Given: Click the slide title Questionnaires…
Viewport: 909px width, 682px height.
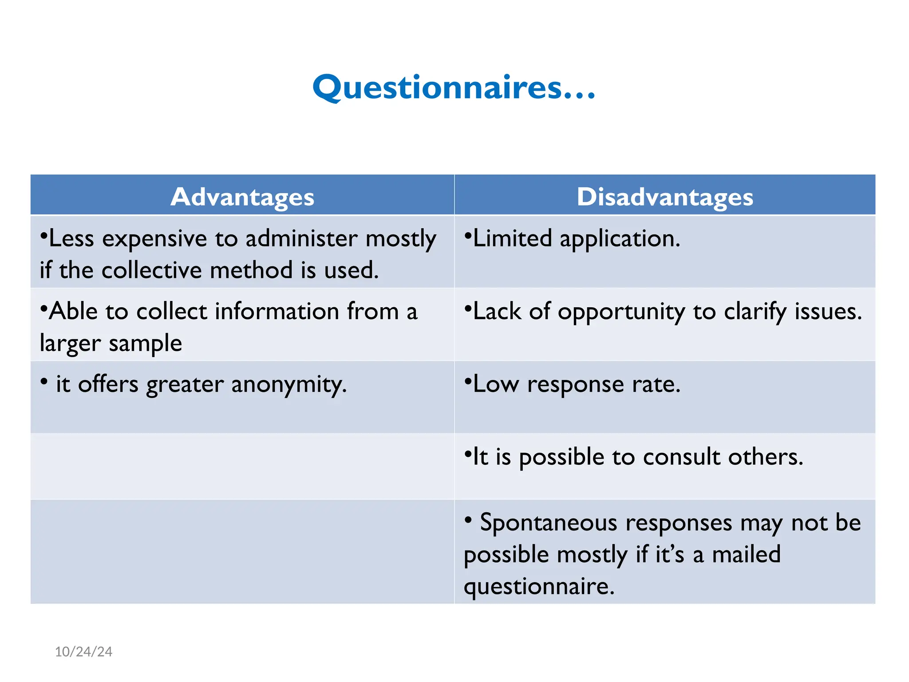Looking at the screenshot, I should tap(454, 87).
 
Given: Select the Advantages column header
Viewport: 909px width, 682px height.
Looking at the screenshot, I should tap(242, 197).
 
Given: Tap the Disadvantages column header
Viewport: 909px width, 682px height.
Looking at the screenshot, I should tap(665, 197).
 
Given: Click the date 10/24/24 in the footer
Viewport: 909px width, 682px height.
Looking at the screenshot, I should tap(83, 652).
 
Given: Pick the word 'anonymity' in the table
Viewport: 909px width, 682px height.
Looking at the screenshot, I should tap(289, 385).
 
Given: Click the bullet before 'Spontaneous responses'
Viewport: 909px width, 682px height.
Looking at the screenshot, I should tap(468, 519).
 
